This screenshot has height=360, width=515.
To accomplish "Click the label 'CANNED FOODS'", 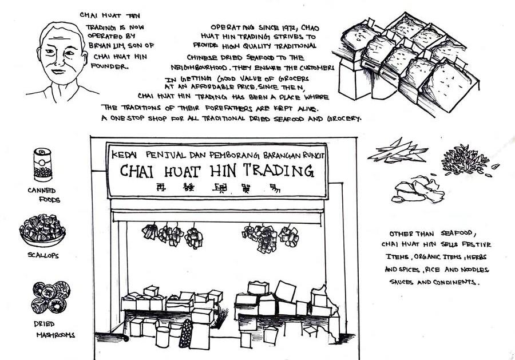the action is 45,195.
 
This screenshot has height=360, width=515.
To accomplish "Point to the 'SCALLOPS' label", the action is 42,255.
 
